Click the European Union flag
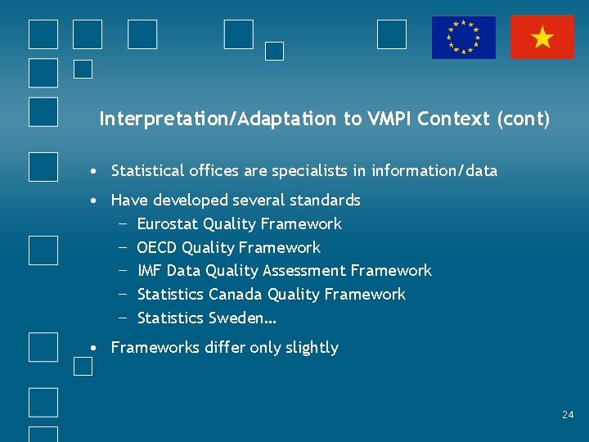pyautogui.click(x=464, y=38)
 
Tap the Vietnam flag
pyautogui.click(x=542, y=38)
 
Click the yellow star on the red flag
pyautogui.click(x=542, y=38)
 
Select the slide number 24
pyautogui.click(x=568, y=415)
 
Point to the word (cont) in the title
pyautogui.click(x=523, y=120)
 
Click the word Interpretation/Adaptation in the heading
pyautogui.click(x=218, y=120)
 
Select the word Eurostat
pyautogui.click(x=168, y=224)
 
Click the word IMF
pyautogui.click(x=150, y=271)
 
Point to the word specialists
pyautogui.click(x=326, y=171)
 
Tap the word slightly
pyautogui.click(x=312, y=348)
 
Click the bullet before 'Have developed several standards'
pyautogui.click(x=96, y=201)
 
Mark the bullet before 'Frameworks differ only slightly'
pyautogui.click(x=96, y=348)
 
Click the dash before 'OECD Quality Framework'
pyautogui.click(x=122, y=247)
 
